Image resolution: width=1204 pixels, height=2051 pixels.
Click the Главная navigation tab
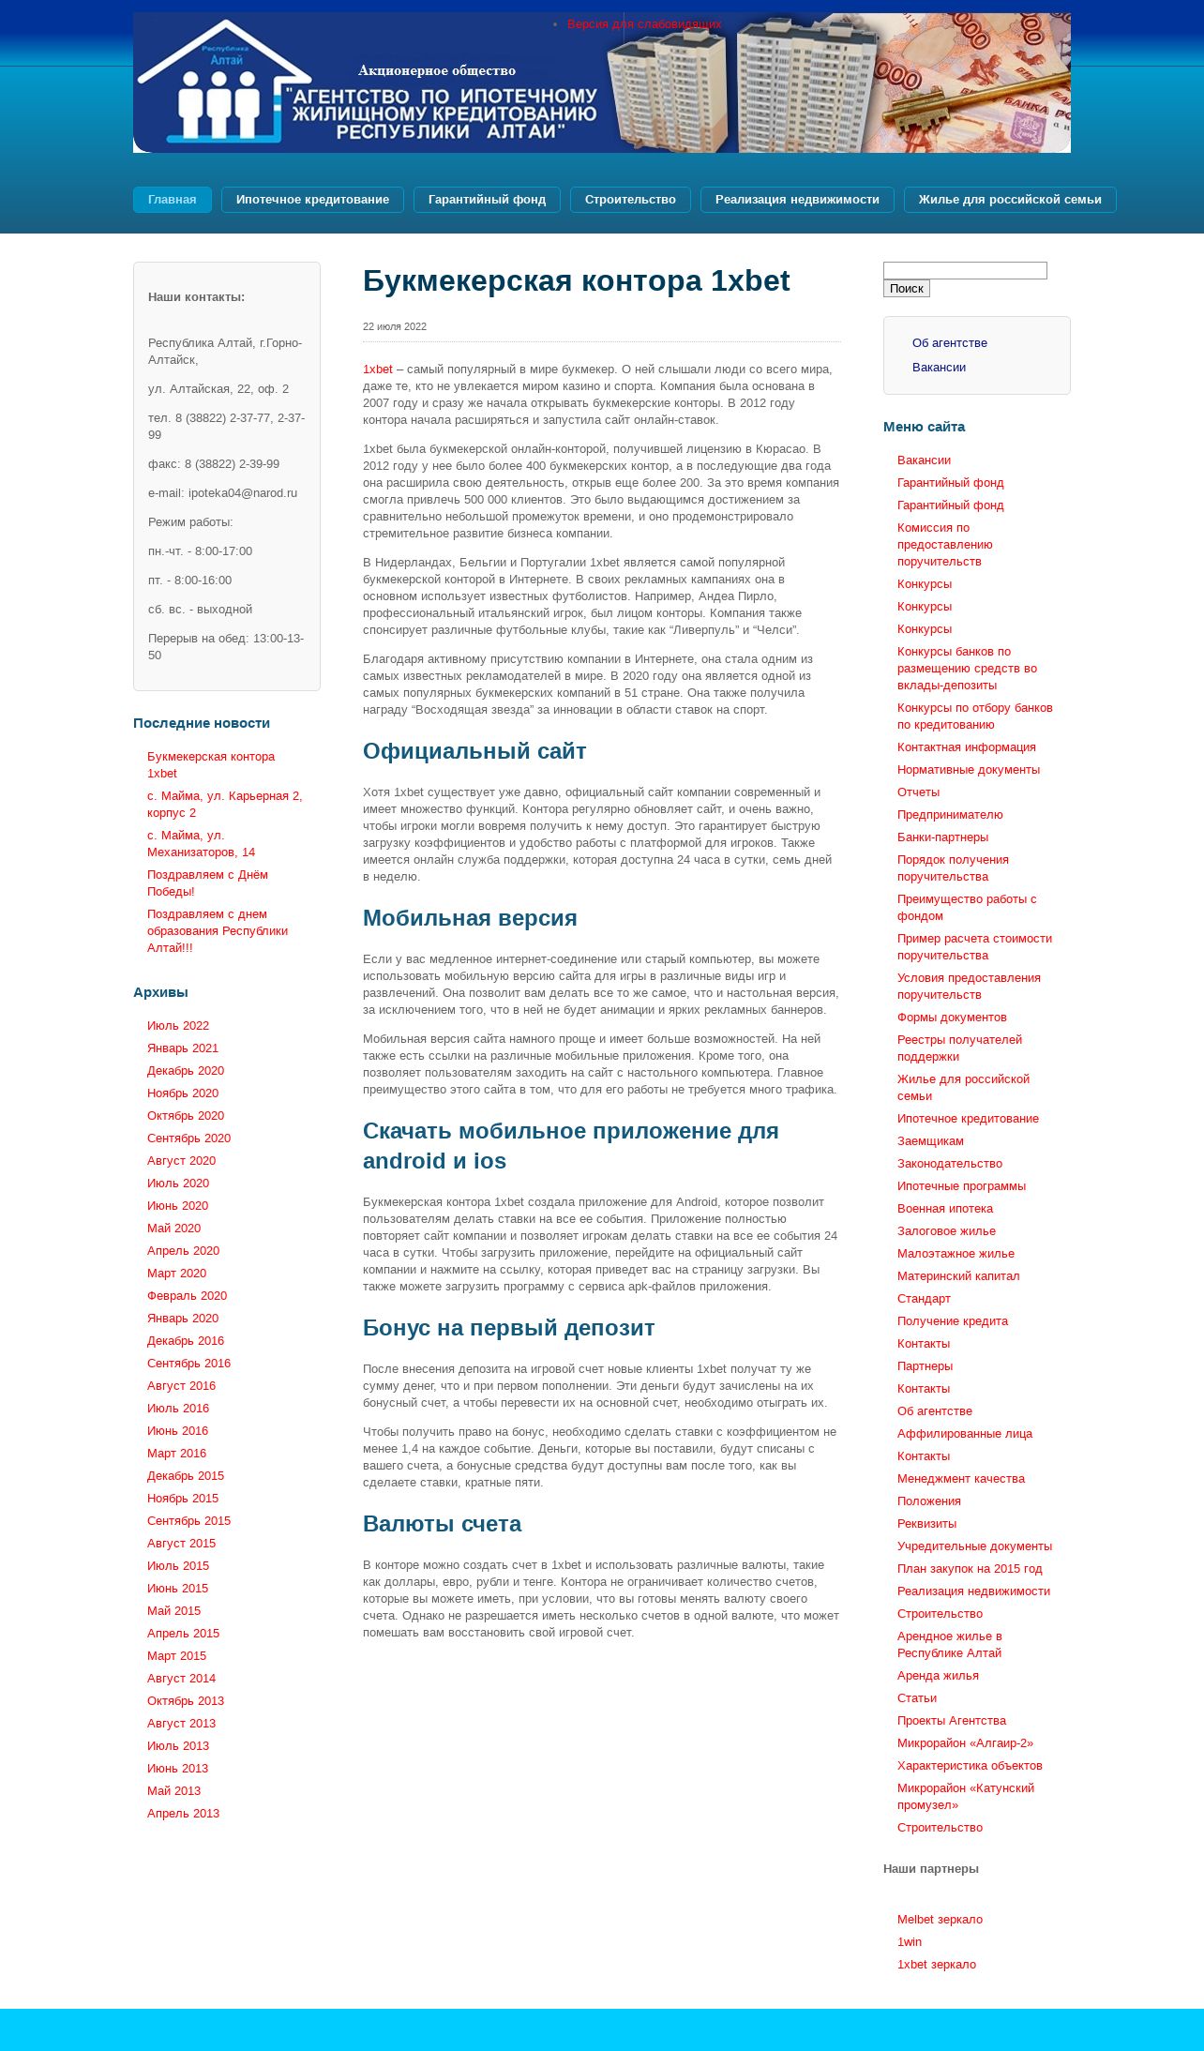(x=172, y=200)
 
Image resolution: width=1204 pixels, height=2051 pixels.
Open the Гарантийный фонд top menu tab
(x=487, y=200)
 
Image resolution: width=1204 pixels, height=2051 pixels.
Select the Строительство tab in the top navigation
(x=630, y=200)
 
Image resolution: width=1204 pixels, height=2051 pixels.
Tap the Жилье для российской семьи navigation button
(x=1009, y=200)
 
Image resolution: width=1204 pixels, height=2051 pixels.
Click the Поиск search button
(x=906, y=289)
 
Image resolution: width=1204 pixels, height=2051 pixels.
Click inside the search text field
(x=965, y=271)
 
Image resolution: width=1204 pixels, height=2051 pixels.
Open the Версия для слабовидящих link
(x=643, y=24)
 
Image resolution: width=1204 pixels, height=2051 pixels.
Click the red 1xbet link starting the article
(x=377, y=369)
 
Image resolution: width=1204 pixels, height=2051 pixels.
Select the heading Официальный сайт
(x=474, y=751)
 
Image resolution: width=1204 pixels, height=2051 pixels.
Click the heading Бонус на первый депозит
(x=508, y=1328)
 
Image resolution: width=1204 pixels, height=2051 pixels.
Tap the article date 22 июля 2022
(x=395, y=326)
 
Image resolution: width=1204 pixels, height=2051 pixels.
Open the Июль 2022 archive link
(x=178, y=1026)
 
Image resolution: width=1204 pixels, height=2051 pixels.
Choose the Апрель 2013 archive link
(x=183, y=1814)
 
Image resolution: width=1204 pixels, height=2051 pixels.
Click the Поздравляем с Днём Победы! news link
(x=207, y=883)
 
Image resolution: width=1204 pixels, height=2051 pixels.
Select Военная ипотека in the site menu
(x=944, y=1209)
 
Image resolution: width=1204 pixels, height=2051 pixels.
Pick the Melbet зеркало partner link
(x=940, y=1920)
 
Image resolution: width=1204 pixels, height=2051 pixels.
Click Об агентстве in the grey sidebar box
(x=949, y=343)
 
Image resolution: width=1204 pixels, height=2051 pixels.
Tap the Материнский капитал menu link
(x=957, y=1276)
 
